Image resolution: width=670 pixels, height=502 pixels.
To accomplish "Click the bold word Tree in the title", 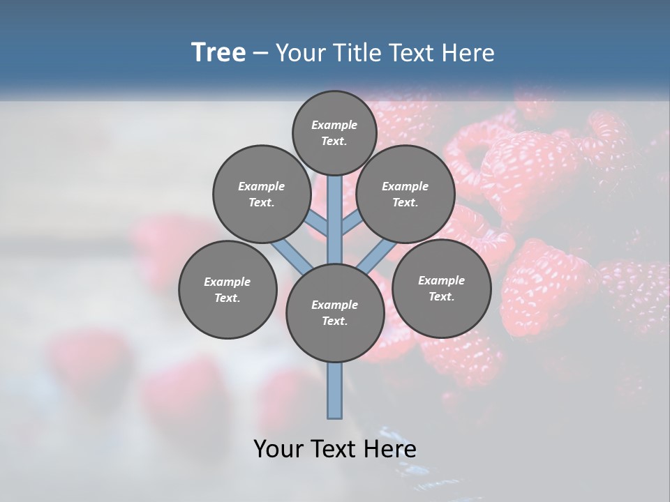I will [x=218, y=53].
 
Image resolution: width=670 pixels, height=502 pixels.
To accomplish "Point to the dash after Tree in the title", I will [x=261, y=54].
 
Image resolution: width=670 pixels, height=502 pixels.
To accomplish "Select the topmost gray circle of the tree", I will [x=334, y=132].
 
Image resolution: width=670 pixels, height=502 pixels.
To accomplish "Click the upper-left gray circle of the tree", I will [x=262, y=194].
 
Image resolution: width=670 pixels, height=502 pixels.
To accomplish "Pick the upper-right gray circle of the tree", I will [x=405, y=194].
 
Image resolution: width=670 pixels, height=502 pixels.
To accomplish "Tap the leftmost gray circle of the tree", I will [x=228, y=289].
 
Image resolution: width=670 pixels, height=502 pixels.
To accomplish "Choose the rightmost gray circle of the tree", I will [x=441, y=288].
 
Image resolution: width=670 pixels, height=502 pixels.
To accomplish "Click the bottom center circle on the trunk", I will [x=335, y=313].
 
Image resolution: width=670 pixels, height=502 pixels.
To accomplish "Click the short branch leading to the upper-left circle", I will [x=318, y=223].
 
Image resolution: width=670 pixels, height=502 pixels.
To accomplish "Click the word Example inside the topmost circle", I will [x=334, y=125].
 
